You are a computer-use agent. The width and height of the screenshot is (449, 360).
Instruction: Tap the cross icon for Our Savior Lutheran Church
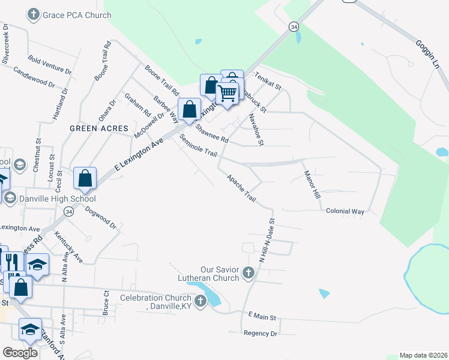tap(249, 274)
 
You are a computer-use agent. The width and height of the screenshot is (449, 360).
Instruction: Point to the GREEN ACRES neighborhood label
tap(99, 128)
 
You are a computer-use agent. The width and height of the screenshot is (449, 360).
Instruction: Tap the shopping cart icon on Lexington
tap(227, 94)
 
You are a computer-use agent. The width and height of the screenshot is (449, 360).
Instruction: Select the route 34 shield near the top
tap(293, 26)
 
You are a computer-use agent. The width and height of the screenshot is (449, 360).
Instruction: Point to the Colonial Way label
tap(345, 212)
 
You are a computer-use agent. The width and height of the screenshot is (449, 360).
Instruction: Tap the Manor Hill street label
tap(310, 185)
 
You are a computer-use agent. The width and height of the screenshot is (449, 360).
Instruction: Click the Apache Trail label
tap(241, 188)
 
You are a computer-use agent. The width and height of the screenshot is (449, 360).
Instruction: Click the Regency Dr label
tap(261, 333)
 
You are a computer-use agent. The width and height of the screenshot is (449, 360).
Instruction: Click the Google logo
tap(20, 353)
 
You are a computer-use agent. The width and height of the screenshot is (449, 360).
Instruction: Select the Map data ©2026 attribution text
tap(423, 355)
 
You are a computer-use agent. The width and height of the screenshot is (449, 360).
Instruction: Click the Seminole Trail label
tap(198, 146)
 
